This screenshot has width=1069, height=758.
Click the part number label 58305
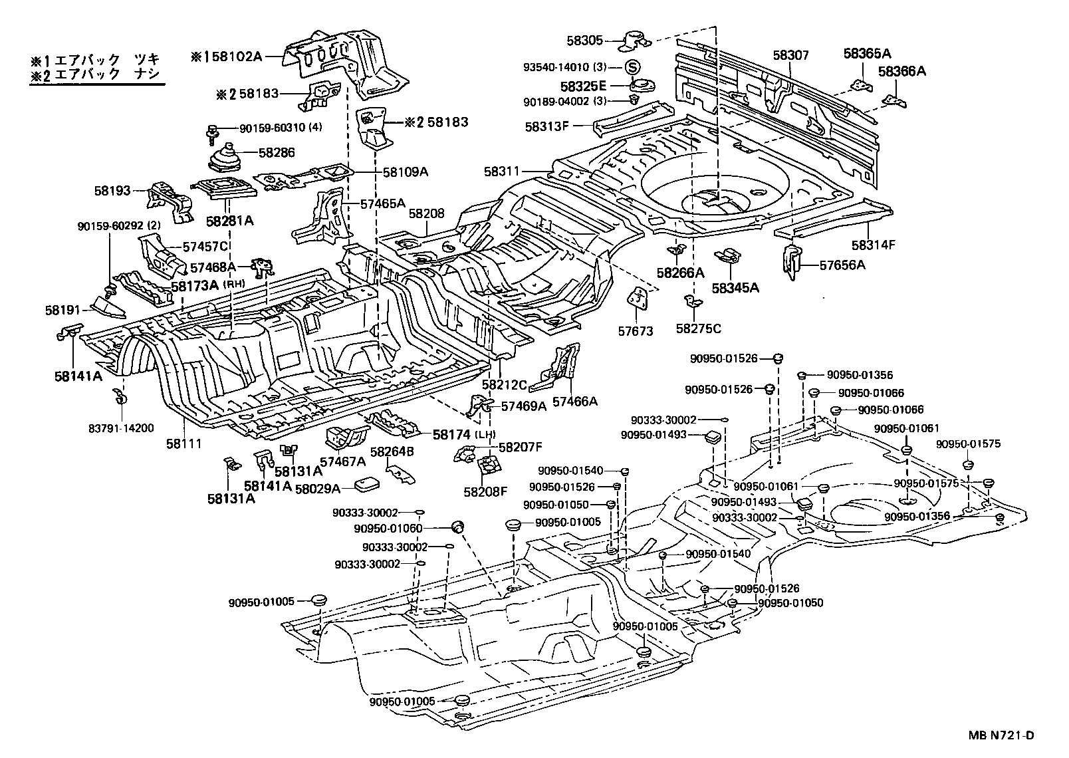click(x=584, y=41)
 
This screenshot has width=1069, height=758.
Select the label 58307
click(x=792, y=55)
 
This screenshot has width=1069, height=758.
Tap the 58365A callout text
click(x=867, y=53)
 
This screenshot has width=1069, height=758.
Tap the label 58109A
click(x=406, y=172)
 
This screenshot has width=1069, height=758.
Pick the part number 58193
click(x=112, y=191)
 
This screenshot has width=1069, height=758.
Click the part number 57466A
click(x=575, y=401)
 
